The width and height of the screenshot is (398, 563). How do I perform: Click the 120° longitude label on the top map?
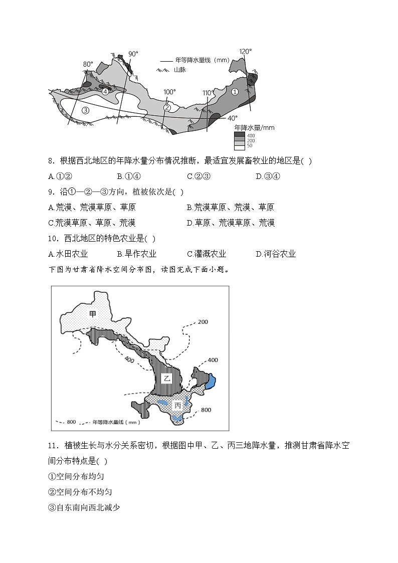[245, 52]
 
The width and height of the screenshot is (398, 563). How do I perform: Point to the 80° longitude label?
[88, 64]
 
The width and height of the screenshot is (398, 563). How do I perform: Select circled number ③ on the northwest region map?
[85, 110]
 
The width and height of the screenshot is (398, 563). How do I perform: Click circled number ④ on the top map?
[105, 92]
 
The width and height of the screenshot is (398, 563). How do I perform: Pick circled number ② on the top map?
[167, 107]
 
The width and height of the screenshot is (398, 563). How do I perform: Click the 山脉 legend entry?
[180, 70]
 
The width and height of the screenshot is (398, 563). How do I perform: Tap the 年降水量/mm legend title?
[254, 128]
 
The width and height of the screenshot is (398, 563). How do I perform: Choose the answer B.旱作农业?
[136, 254]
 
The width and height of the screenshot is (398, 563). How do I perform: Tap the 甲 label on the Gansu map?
[93, 314]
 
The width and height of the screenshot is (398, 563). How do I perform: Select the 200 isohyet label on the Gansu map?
[203, 321]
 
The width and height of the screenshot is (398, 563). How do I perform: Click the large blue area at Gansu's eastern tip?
[211, 382]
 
